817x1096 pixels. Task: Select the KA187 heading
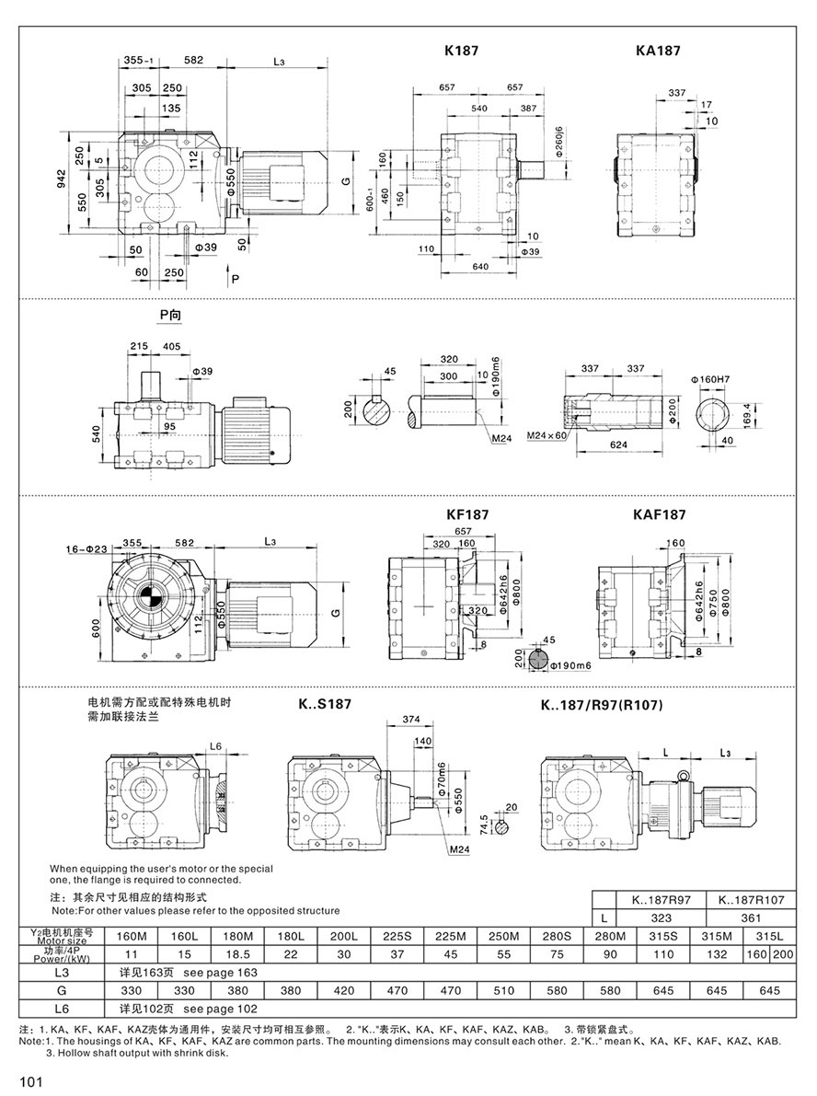click(x=658, y=52)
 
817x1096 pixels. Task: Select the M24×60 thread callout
click(x=547, y=433)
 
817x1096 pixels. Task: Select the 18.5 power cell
click(x=236, y=953)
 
